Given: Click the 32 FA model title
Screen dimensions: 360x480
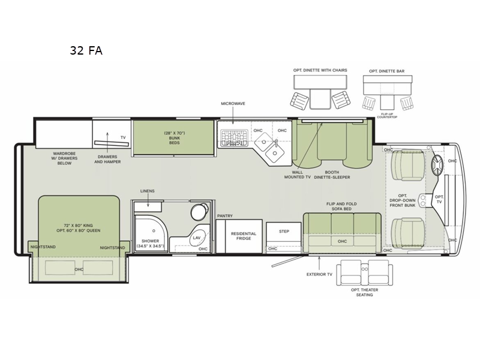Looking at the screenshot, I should [x=86, y=50].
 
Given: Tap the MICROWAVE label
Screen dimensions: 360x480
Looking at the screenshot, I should [x=233, y=103].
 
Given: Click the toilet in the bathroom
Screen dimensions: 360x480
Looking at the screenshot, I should [x=196, y=213].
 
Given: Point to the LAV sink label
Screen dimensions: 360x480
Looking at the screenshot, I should [x=196, y=238].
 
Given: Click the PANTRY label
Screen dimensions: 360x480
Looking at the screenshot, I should [x=225, y=215].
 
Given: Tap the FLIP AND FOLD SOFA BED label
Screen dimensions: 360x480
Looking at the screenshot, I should [x=341, y=207].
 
